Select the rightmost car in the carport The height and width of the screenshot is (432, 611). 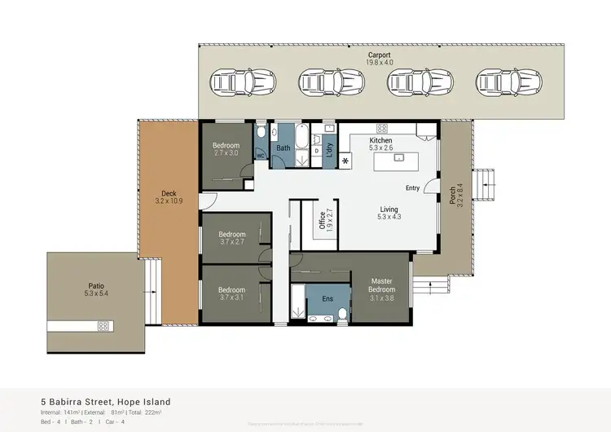(x=499, y=82)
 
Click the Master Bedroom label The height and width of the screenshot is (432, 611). (x=381, y=284)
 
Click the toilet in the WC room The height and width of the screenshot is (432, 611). (x=261, y=134)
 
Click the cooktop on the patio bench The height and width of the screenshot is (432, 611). (x=103, y=326)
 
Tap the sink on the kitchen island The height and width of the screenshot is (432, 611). (x=398, y=158)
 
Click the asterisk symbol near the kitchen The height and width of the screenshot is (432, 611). (x=345, y=161)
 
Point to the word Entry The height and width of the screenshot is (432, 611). (x=412, y=188)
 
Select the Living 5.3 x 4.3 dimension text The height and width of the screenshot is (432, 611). (x=389, y=217)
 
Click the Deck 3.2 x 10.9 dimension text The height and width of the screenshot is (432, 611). (x=168, y=201)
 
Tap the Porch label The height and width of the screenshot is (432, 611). (x=453, y=195)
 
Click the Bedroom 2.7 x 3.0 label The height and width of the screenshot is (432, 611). (x=226, y=149)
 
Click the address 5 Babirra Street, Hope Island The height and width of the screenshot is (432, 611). (x=106, y=402)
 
